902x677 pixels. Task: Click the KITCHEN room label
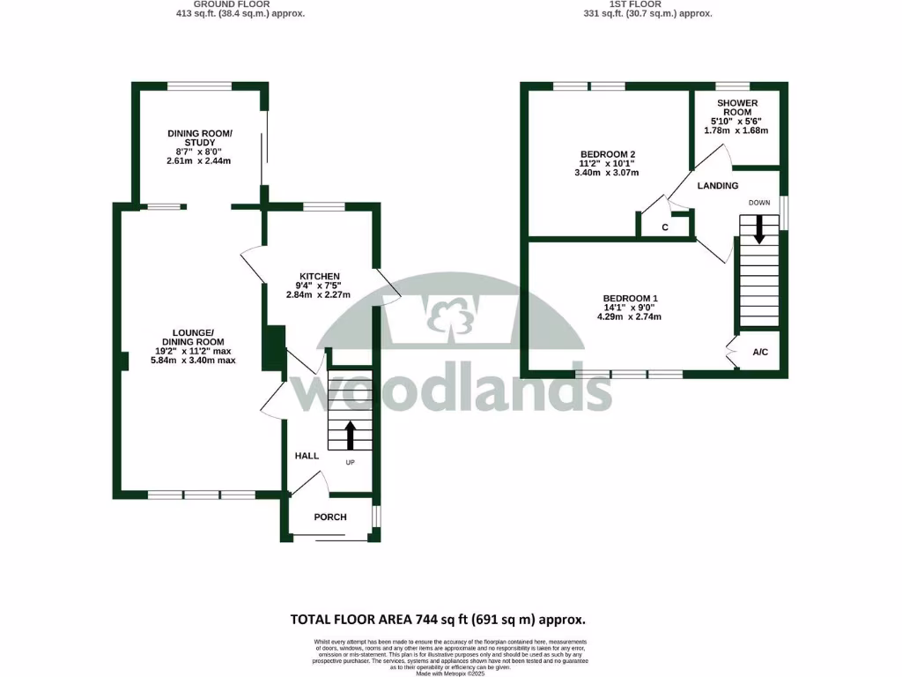[x=319, y=276]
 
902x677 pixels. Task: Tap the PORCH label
[x=330, y=517]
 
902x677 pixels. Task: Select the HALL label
[x=307, y=456]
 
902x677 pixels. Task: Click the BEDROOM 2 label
[x=607, y=154]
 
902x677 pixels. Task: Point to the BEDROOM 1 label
[x=630, y=298]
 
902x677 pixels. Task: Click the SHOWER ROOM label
[x=736, y=108]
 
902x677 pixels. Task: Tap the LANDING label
[x=718, y=186]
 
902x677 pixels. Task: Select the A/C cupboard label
[x=760, y=353]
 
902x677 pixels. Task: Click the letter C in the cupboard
[x=665, y=228]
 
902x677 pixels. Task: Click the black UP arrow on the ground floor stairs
[x=350, y=435]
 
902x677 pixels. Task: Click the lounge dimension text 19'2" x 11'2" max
[x=181, y=351]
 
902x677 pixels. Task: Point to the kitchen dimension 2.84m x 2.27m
[x=319, y=294]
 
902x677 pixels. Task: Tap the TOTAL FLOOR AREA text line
[x=438, y=620]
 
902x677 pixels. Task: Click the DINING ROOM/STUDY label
[x=200, y=138]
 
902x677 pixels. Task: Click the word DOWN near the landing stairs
[x=759, y=203]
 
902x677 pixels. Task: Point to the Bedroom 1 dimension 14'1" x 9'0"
[x=630, y=308]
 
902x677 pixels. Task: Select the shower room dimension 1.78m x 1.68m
[x=736, y=130]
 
